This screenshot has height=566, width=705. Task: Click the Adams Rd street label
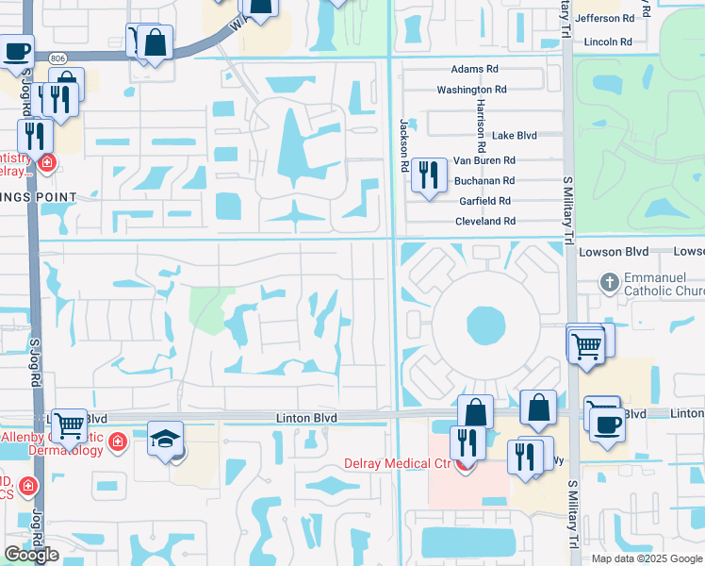tap(474, 70)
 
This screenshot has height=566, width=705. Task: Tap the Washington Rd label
tap(471, 90)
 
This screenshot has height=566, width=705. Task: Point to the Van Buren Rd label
tap(484, 161)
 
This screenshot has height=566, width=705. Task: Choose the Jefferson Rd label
tap(604, 18)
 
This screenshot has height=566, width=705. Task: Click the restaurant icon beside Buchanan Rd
tap(429, 175)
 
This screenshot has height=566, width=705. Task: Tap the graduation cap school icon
tap(165, 439)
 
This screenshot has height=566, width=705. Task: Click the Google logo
tap(31, 555)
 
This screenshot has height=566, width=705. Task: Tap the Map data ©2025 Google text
tap(647, 558)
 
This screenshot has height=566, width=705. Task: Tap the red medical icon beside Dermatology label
tap(118, 441)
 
